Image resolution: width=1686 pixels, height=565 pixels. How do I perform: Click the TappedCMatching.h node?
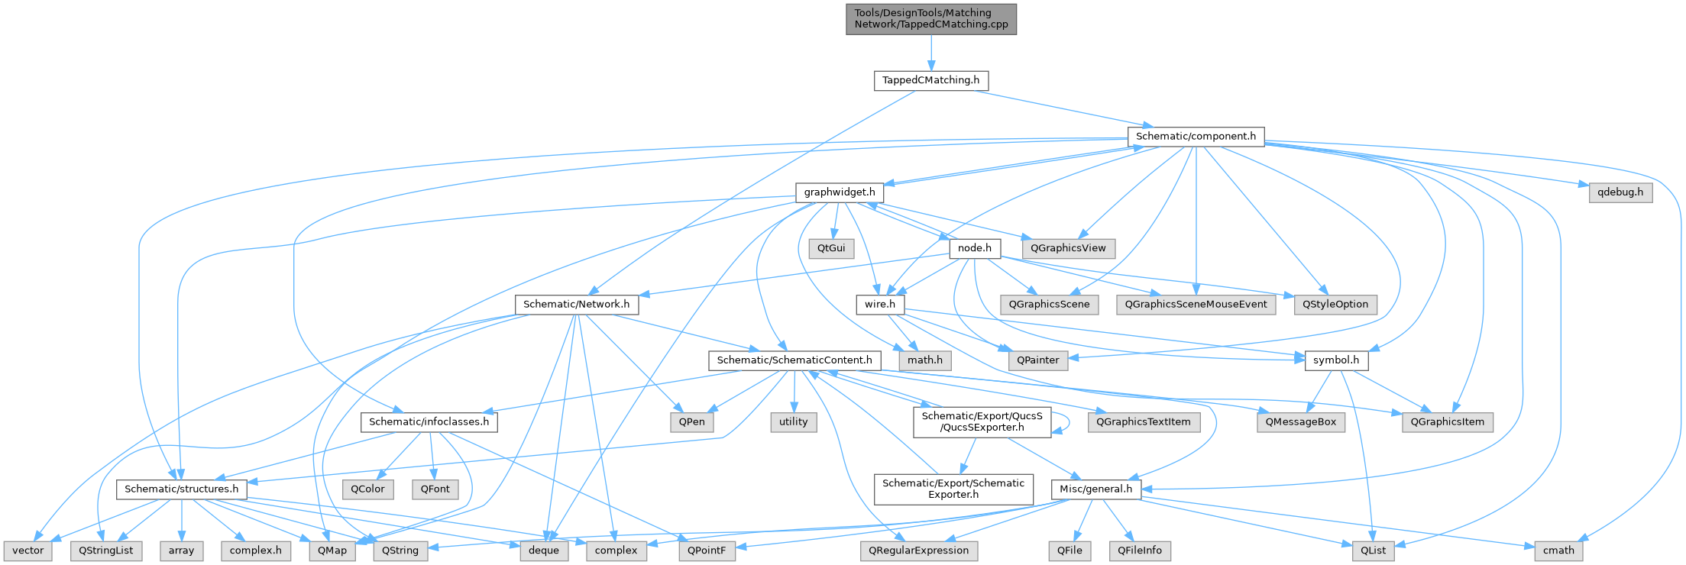coord(930,80)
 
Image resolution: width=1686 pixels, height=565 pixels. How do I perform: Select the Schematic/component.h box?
coord(1196,137)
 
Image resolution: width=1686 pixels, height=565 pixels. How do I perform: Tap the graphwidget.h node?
coord(839,192)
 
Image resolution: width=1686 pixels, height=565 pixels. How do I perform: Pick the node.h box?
coord(974,248)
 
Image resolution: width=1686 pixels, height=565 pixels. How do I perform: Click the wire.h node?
coord(879,304)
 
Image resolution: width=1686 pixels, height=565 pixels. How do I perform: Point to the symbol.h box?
coord(1335,360)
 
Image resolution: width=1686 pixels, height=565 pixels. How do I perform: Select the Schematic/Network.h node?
coord(577,304)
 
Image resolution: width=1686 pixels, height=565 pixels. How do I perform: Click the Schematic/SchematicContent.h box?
coord(794,360)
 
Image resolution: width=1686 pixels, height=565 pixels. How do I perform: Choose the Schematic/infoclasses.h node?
coord(429,421)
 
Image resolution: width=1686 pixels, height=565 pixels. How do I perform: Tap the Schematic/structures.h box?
coord(181,489)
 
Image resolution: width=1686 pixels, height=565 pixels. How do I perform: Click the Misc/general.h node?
coord(1096,489)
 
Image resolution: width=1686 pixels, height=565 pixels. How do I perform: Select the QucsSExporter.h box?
coord(982,421)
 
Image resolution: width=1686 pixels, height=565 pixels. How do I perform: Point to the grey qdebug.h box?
coord(1620,192)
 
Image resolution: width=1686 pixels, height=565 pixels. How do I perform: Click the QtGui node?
coord(831,248)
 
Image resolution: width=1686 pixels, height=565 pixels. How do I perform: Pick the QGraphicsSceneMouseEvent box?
coord(1196,304)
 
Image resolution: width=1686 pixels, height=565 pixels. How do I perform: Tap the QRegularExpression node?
coord(918,550)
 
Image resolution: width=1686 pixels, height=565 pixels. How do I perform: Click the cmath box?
coord(1558,550)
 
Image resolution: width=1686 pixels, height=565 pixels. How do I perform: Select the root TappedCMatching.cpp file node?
coord(930,18)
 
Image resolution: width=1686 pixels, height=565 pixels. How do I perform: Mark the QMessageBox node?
coord(1301,421)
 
